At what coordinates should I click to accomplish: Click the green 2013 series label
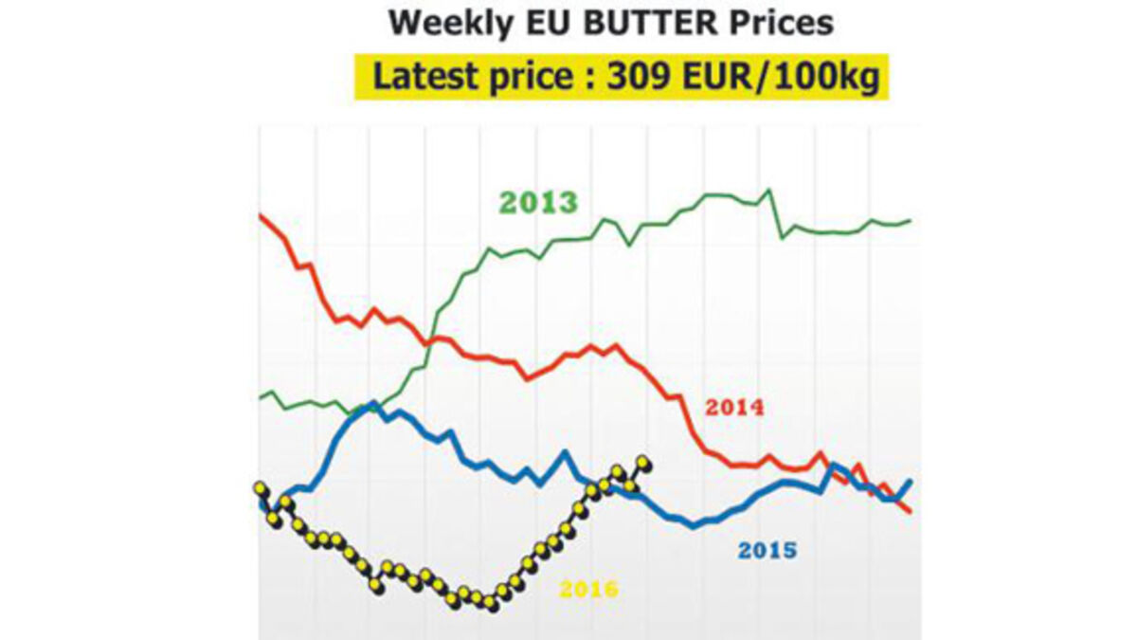tap(538, 202)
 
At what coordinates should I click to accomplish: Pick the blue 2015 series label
tap(767, 550)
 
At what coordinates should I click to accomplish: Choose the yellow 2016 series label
tap(588, 590)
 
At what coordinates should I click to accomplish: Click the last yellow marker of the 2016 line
tap(645, 462)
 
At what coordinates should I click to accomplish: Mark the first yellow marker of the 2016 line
tap(261, 487)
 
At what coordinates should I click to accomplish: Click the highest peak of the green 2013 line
tap(767, 190)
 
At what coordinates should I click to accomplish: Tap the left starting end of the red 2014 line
tap(261, 216)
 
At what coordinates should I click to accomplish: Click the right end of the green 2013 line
tap(911, 221)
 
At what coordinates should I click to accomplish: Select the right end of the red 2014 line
tap(911, 512)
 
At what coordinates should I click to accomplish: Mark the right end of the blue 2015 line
tap(911, 481)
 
